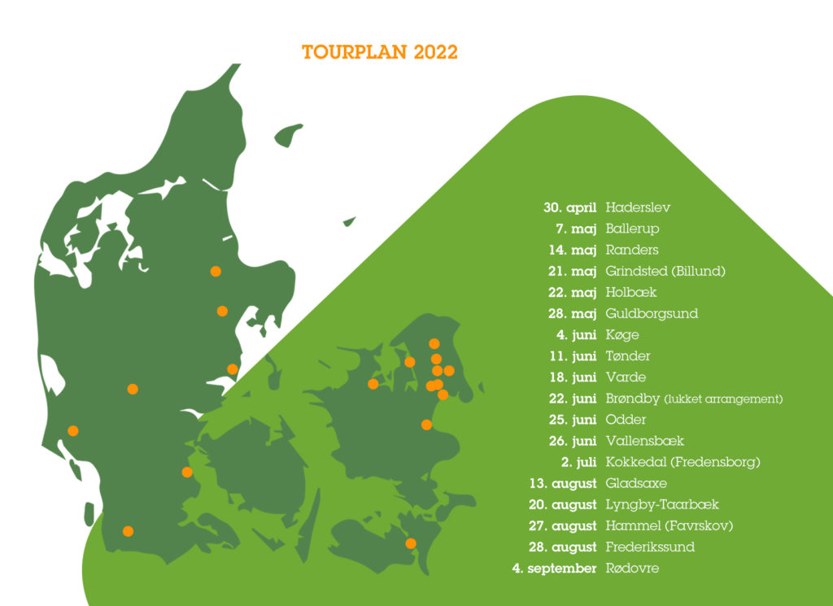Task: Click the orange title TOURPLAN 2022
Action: [x=380, y=52]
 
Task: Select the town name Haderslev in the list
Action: [x=638, y=207]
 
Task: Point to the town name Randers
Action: [x=632, y=250]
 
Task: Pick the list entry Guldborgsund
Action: [x=652, y=313]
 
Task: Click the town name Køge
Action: [x=622, y=335]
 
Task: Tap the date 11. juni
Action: [x=574, y=356]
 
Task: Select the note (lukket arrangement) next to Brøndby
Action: [x=723, y=399]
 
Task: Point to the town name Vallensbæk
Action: [x=645, y=441]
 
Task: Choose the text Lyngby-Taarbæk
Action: [x=662, y=504]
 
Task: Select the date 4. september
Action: [x=554, y=568]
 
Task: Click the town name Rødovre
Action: [x=632, y=568]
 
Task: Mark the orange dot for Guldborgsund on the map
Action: [x=411, y=543]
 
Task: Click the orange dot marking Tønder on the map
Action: [x=128, y=531]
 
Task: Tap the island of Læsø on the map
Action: [x=288, y=134]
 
